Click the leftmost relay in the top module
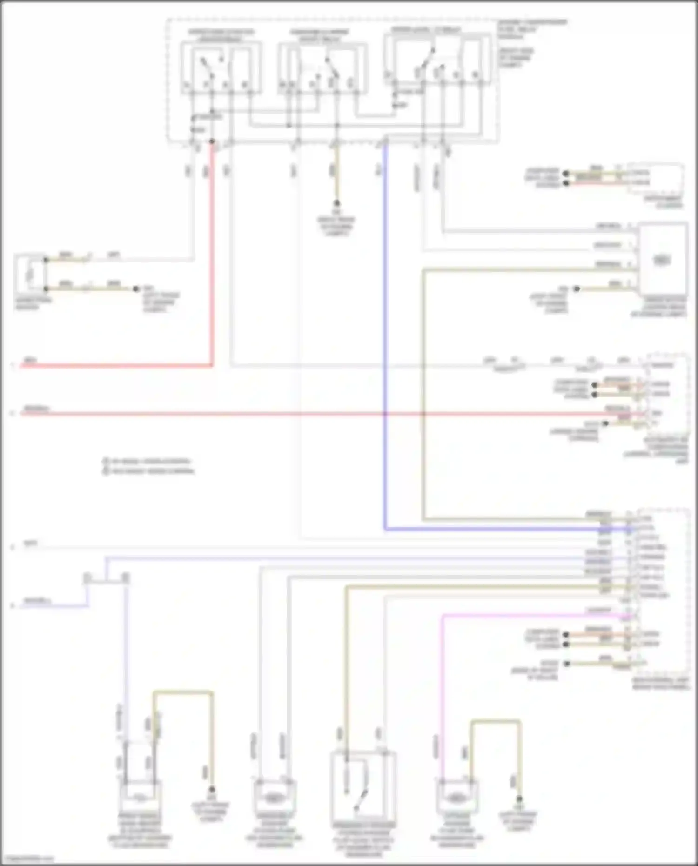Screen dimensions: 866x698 pos(221,67)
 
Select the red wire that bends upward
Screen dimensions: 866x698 pos(212,279)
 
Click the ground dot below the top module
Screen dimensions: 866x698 pos(336,203)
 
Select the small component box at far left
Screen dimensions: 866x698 pos(30,275)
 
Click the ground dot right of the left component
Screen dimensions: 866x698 pos(136,289)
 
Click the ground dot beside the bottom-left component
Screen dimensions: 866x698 pos(212,790)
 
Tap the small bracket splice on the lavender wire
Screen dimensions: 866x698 pos(106,578)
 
